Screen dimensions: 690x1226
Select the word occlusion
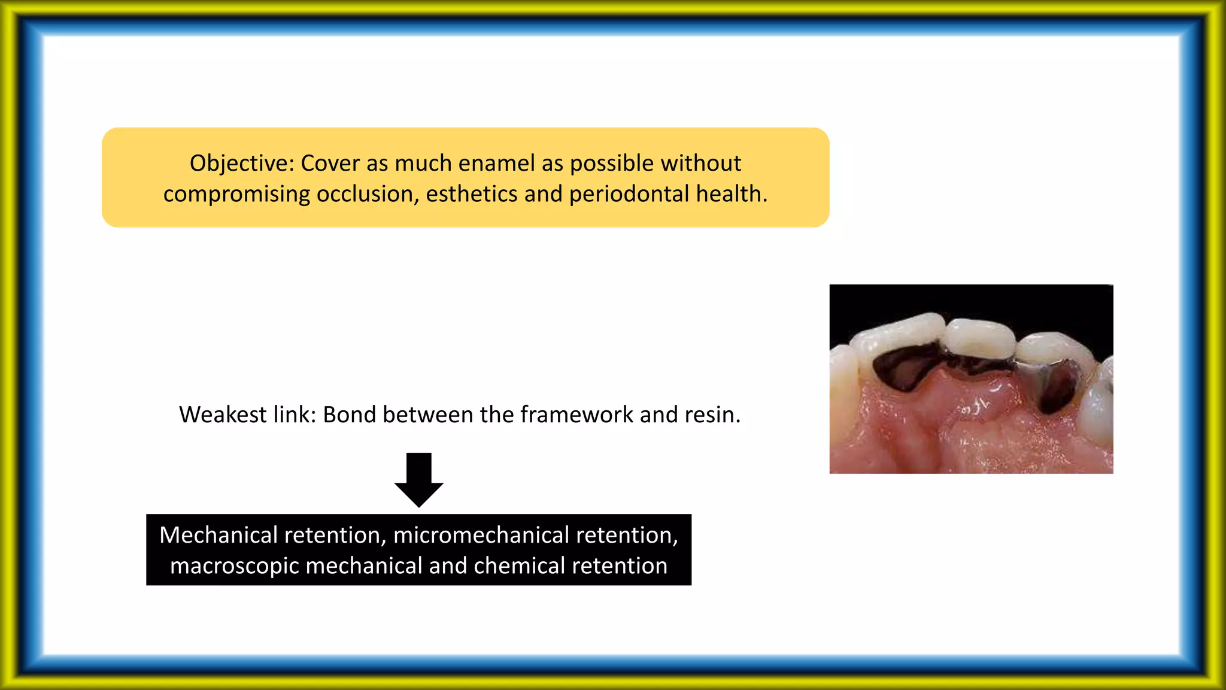[x=368, y=194]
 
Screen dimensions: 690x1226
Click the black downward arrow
[x=419, y=480]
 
